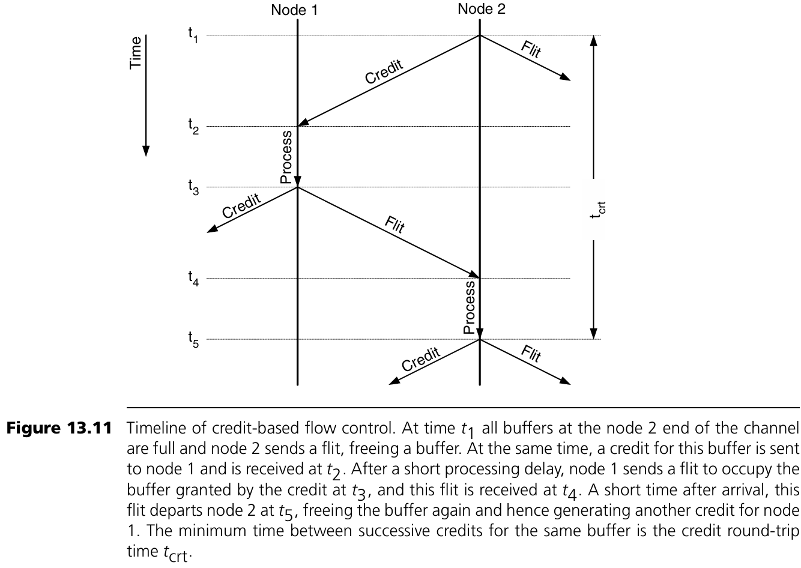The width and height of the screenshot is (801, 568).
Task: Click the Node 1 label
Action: pos(294,10)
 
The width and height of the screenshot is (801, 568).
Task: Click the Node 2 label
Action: pos(481,9)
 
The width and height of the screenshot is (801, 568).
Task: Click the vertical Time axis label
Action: pos(136,52)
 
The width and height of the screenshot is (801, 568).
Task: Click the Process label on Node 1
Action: pos(286,157)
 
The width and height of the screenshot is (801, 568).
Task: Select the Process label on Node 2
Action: pos(470,307)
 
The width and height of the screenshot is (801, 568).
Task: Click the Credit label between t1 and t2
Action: pos(384,72)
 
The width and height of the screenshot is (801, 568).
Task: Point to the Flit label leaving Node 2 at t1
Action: pos(531,49)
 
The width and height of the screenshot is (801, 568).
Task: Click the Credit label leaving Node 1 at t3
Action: pos(241,206)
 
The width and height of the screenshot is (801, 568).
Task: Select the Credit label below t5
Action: pos(420,359)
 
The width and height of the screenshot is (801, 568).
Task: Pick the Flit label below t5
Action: pos(531,354)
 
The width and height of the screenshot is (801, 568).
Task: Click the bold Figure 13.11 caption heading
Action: pos(59,429)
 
